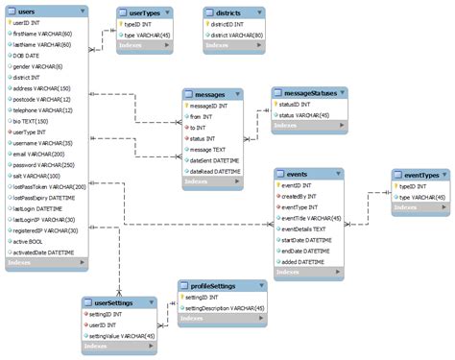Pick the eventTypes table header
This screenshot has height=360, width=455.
point(420,175)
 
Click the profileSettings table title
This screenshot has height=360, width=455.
point(213,286)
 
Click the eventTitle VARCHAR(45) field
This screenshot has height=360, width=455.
point(311,218)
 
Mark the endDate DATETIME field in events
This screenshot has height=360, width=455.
point(307,251)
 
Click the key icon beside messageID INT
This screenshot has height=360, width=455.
point(187,105)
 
